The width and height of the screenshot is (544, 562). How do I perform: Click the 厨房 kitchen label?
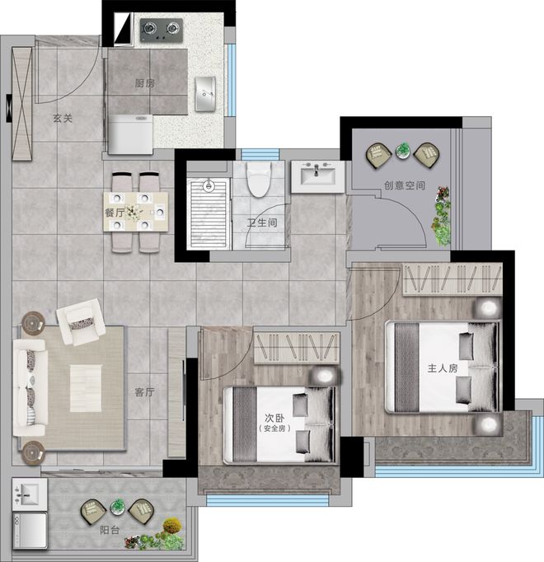pyautogui.click(x=144, y=83)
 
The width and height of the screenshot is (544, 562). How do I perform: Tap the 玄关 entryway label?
pyautogui.click(x=63, y=119)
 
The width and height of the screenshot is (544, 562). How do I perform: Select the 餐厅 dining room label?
pyautogui.click(x=115, y=213)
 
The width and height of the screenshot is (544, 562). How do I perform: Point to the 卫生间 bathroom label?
pyautogui.click(x=262, y=223)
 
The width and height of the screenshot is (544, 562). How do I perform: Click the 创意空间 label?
pyautogui.click(x=405, y=185)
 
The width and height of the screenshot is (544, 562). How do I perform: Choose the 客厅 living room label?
pyautogui.click(x=144, y=392)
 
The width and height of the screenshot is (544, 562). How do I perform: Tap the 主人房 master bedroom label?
pyautogui.click(x=443, y=368)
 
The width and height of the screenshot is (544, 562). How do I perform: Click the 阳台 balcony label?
pyautogui.click(x=110, y=530)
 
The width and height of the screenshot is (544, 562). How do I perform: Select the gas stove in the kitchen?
pyautogui.click(x=162, y=30)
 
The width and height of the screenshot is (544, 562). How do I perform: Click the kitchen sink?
pyautogui.click(x=204, y=94)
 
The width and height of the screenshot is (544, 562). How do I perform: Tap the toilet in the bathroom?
pyautogui.click(x=259, y=179)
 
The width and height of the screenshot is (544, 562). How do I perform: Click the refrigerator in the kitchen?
pyautogui.click(x=130, y=134)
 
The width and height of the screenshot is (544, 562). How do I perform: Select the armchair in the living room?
pyautogui.click(x=81, y=322)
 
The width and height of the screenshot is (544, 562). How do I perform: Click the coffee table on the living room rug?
pyautogui.click(x=86, y=388)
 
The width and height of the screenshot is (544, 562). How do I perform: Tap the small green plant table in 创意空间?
pyautogui.click(x=403, y=151)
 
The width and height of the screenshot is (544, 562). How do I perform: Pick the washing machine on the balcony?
pyautogui.click(x=30, y=530)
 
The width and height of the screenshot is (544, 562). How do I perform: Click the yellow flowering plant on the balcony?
pyautogui.click(x=172, y=526)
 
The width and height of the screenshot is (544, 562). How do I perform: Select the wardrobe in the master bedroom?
pyautogui.click(x=453, y=279)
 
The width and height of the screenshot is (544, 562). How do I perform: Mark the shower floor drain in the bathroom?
pyautogui.click(x=209, y=185)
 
